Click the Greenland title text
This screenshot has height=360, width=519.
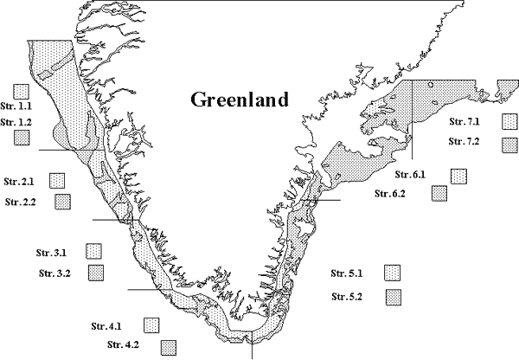pyautogui.click(x=239, y=100)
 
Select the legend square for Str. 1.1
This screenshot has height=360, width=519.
pyautogui.click(x=22, y=89)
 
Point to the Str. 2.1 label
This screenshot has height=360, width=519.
pyautogui.click(x=19, y=182)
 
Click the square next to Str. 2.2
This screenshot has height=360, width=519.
pyautogui.click(x=62, y=202)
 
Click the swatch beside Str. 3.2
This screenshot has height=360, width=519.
pyautogui.click(x=96, y=273)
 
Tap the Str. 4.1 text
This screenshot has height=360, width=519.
pyautogui.click(x=106, y=326)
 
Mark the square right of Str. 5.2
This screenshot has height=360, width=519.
pyautogui.click(x=394, y=297)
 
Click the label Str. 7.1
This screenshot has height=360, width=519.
pyautogui.click(x=465, y=122)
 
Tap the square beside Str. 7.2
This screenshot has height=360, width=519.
pyautogui.click(x=510, y=144)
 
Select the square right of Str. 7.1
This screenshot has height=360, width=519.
pyautogui.click(x=510, y=121)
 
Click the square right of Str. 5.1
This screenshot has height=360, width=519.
pyautogui.click(x=394, y=274)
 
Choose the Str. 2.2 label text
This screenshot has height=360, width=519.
pyautogui.click(x=22, y=202)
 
